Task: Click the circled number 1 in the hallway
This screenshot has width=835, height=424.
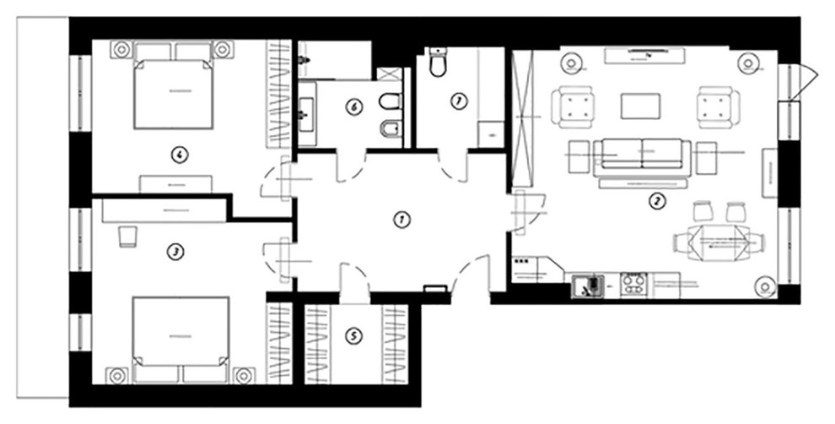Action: click(x=401, y=220)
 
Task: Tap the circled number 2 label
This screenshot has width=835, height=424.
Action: click(x=654, y=201)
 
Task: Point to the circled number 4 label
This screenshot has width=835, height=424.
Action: click(x=178, y=154)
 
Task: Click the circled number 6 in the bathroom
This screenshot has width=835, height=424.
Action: click(x=354, y=107)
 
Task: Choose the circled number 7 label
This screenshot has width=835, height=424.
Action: click(x=458, y=102)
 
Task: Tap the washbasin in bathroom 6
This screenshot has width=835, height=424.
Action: click(x=306, y=109)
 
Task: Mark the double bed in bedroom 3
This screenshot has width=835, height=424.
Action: click(x=179, y=335)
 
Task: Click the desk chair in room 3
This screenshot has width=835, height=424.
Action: click(x=127, y=236)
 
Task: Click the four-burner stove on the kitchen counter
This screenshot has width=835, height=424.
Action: click(x=633, y=285)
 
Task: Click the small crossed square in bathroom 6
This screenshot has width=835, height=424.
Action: click(x=389, y=73)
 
